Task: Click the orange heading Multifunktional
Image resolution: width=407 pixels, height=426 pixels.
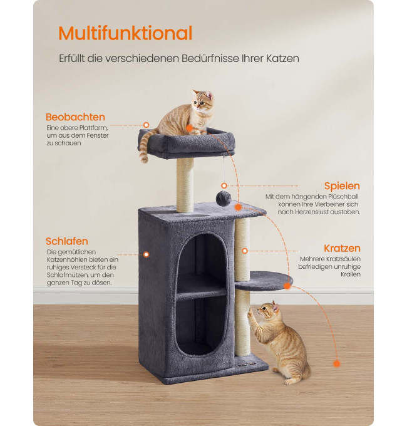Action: pos(125,33)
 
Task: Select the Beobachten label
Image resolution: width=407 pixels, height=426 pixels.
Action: pos(75,117)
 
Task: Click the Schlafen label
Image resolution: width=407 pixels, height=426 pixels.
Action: pos(67,241)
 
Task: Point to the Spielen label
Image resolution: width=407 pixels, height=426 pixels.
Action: pos(342,186)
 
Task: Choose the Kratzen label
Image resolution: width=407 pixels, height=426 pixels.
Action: pos(342,248)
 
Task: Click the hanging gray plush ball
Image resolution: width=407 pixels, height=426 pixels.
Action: pos(224,199)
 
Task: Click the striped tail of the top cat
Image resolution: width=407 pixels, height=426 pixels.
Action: pos(147,145)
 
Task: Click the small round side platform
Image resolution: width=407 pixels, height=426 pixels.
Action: pos(264,281)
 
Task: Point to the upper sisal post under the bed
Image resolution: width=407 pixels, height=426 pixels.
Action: pos(185,185)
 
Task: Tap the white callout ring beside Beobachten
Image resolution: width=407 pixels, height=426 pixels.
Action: pos(146,125)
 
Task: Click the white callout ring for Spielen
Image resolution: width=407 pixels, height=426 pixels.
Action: pos(224,185)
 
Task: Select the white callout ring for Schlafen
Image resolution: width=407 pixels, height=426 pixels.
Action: pos(147,254)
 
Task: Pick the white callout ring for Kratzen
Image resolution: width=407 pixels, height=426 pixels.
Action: pos(245,251)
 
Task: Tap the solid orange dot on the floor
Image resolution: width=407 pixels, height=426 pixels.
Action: pos(337,363)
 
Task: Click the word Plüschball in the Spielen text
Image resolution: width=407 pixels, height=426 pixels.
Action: pos(343,197)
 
